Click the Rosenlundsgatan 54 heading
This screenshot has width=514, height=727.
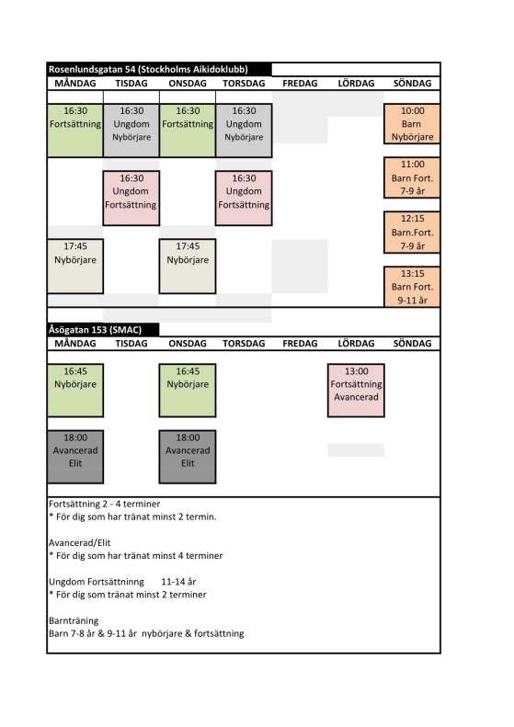pos(148,70)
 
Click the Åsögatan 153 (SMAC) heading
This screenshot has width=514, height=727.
pos(95,330)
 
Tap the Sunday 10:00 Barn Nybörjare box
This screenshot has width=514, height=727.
pos(412,124)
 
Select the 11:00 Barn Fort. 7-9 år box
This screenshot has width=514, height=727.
pos(412,177)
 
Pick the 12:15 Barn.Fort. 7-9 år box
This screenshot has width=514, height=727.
pos(412,233)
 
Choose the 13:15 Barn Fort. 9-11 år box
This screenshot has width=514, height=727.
pos(412,287)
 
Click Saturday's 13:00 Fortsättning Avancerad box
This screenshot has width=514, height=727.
pos(356,391)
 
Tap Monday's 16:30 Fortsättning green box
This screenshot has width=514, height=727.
pos(75,131)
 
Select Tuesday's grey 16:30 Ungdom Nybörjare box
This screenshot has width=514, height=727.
pos(131,131)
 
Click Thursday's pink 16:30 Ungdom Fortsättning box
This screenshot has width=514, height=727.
pos(244,198)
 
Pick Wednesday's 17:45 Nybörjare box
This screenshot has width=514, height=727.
pos(188,267)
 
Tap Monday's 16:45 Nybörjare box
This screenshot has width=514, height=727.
pos(75,391)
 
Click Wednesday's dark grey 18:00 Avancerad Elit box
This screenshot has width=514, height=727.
pos(188,457)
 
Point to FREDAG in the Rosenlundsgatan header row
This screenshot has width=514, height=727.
pos(300,84)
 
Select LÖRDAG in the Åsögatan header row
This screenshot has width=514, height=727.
pos(356,344)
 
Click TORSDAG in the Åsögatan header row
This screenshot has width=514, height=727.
pos(244,344)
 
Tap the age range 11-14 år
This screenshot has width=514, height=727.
pos(178,582)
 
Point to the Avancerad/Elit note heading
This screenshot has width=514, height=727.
pos(80,543)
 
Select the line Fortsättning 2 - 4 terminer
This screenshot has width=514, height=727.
pos(105,504)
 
